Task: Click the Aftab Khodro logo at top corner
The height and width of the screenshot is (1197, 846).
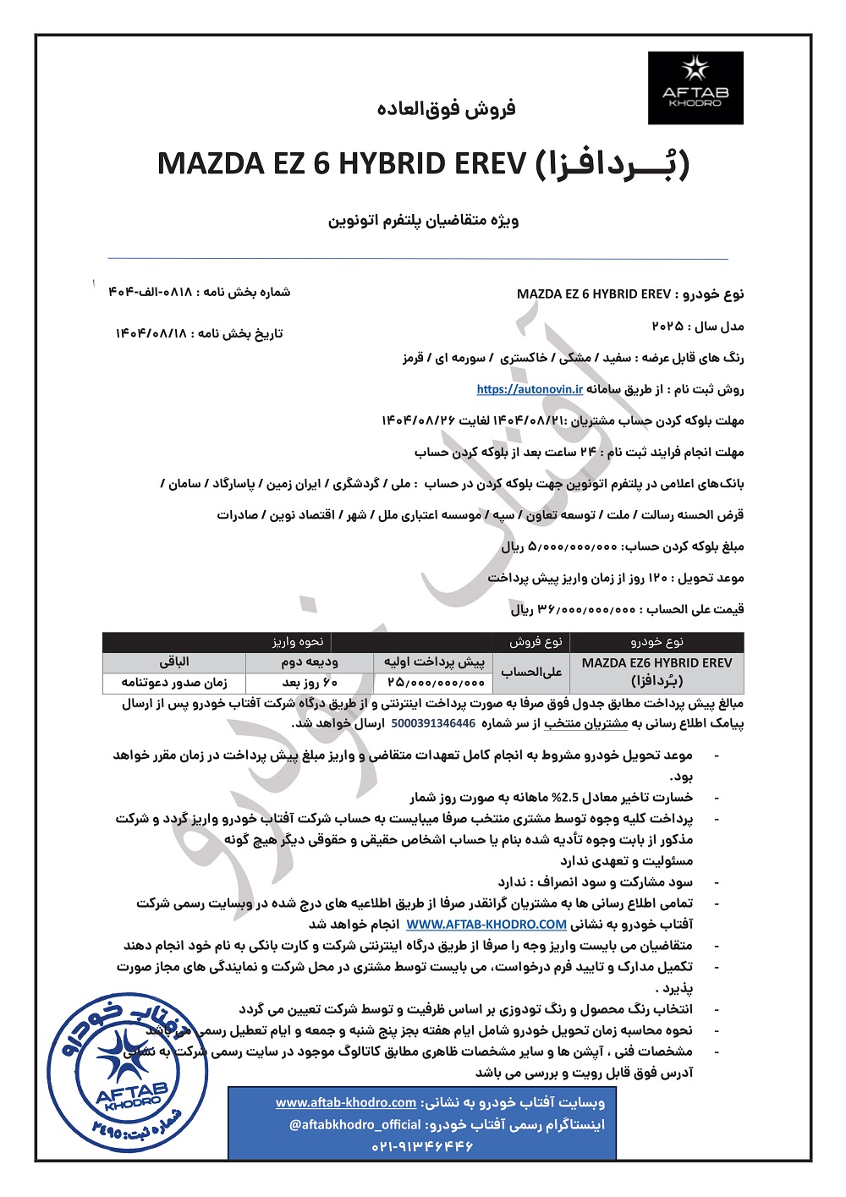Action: pyautogui.click(x=695, y=88)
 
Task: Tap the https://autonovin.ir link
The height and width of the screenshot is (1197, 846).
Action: pyautogui.click(x=530, y=389)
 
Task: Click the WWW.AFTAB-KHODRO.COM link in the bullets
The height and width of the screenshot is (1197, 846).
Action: pyautogui.click(x=486, y=924)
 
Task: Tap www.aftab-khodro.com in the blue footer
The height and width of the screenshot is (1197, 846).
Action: pyautogui.click(x=346, y=1102)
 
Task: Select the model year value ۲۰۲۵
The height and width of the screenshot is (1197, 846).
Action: pyautogui.click(x=668, y=326)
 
